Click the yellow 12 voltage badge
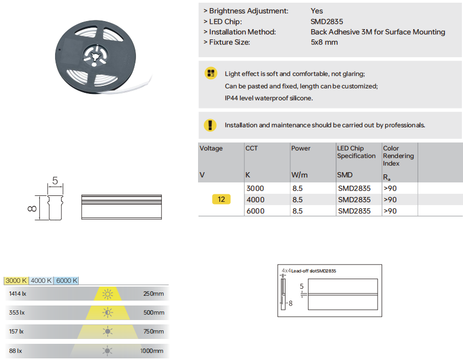pos(221,200)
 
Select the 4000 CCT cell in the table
pos(255,200)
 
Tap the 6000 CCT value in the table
pos(255,211)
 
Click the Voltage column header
pos(211,148)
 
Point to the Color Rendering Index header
pos(398,155)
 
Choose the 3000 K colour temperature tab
pos(16,281)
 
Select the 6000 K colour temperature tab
pos(67,281)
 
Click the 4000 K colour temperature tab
pos(42,281)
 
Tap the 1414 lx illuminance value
pos(17,294)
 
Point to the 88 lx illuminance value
pos(15,351)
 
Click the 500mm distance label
pos(154,313)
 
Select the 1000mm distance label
pos(152,351)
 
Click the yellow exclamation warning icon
pos(210,125)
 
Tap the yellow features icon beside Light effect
pos(210,73)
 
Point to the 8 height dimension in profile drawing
pos(32,208)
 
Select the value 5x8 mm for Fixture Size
pos(324,42)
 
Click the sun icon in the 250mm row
pos(108,294)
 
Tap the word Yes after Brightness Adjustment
pos(317,11)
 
